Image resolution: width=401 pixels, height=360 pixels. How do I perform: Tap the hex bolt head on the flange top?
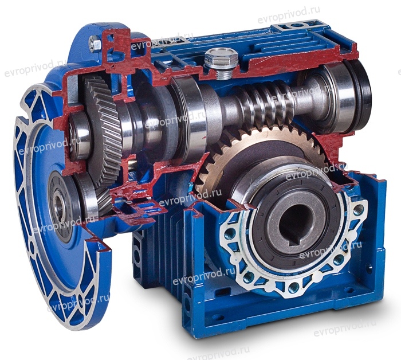[95, 44]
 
